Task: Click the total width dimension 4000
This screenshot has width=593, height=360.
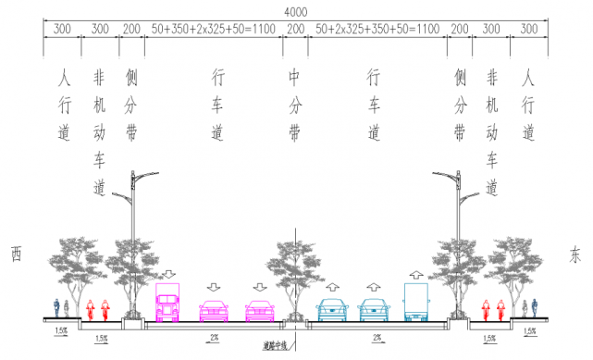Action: click(x=296, y=11)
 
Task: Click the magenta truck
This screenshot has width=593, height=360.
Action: click(x=167, y=304)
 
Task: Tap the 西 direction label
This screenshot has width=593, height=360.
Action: click(x=16, y=253)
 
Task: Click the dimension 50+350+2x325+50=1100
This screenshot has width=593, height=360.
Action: click(x=215, y=30)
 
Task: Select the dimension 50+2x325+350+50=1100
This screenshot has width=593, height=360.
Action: click(x=377, y=30)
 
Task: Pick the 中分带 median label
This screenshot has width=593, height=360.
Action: click(x=295, y=102)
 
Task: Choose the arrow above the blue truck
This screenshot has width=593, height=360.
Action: click(x=416, y=273)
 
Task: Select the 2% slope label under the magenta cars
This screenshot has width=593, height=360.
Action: click(x=213, y=338)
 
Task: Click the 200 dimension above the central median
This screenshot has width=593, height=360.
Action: click(x=296, y=30)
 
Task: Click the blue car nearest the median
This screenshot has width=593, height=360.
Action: click(x=332, y=311)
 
